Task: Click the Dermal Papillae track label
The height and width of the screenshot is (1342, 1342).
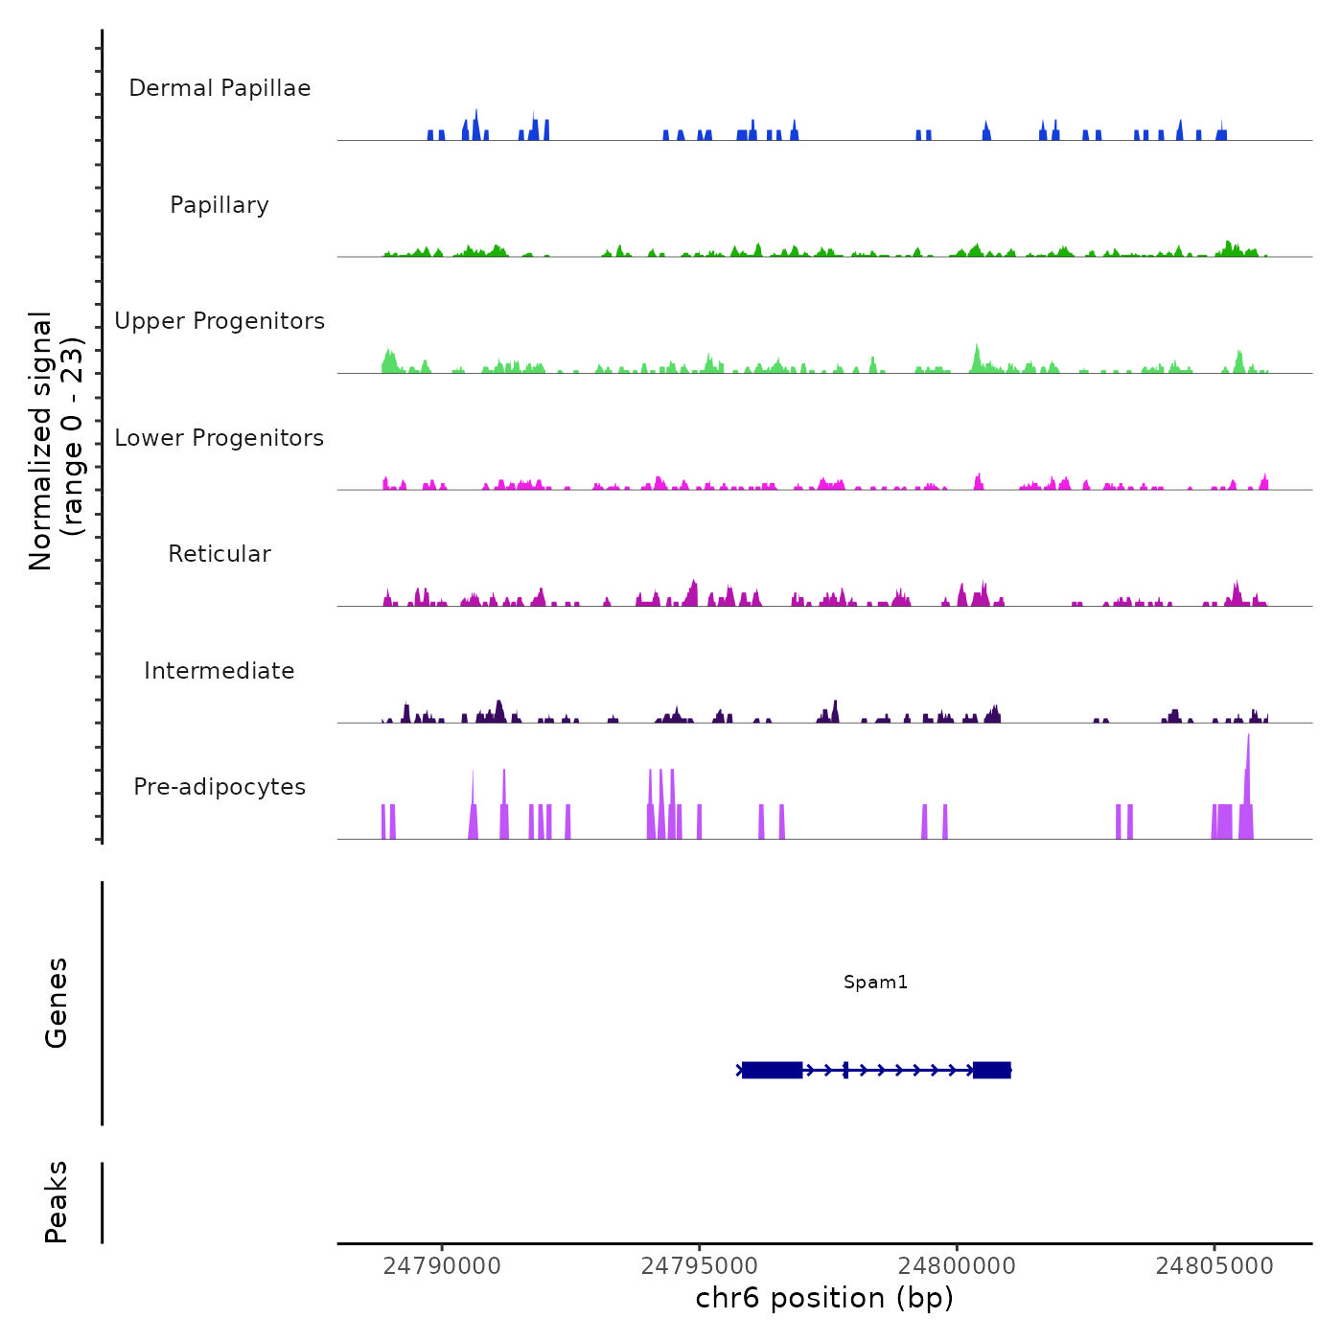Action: click(220, 88)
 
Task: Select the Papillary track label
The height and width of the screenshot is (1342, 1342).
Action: click(220, 205)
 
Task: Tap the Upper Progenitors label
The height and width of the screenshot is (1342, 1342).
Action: click(220, 321)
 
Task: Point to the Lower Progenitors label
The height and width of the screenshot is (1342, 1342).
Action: click(220, 438)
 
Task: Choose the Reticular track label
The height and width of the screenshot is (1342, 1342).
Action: click(220, 554)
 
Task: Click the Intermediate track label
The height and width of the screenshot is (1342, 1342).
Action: click(220, 671)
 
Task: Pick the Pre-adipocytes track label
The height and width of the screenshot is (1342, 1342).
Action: click(220, 787)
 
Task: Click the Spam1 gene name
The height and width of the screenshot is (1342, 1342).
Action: click(875, 982)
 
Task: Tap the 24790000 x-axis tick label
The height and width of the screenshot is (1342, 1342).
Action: click(442, 1266)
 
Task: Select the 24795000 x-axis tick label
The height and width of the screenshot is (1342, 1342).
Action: click(700, 1266)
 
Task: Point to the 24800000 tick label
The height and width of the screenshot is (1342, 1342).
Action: click(957, 1266)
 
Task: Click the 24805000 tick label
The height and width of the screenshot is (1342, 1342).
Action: click(1215, 1266)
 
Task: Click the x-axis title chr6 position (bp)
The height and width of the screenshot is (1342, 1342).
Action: click(824, 1298)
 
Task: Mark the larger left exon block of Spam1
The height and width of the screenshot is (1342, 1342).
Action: click(772, 1070)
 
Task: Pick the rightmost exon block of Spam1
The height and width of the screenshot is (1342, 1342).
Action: click(992, 1070)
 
